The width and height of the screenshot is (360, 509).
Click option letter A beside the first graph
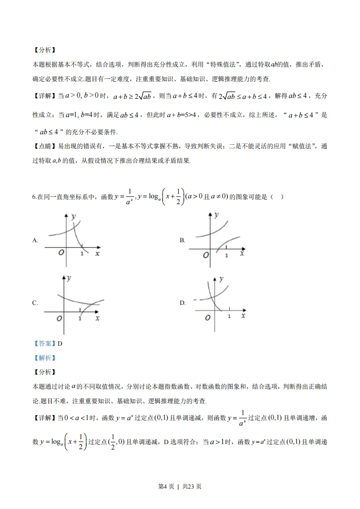pyautogui.click(x=35, y=241)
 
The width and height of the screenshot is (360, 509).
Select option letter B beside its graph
pyautogui.click(x=182, y=240)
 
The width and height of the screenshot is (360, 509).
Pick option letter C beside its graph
pyautogui.click(x=35, y=303)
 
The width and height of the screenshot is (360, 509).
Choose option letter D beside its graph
pyautogui.click(x=182, y=303)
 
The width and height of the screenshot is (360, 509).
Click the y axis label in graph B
pyautogui.click(x=217, y=214)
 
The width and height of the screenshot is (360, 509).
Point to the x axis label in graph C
pyautogui.click(x=97, y=318)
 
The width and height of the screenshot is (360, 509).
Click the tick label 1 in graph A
pyautogui.click(x=82, y=254)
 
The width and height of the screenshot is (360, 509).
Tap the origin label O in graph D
pyautogui.click(x=207, y=318)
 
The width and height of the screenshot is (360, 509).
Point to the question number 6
pyautogui.click(x=35, y=197)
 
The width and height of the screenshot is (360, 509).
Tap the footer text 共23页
pyautogui.click(x=192, y=486)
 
